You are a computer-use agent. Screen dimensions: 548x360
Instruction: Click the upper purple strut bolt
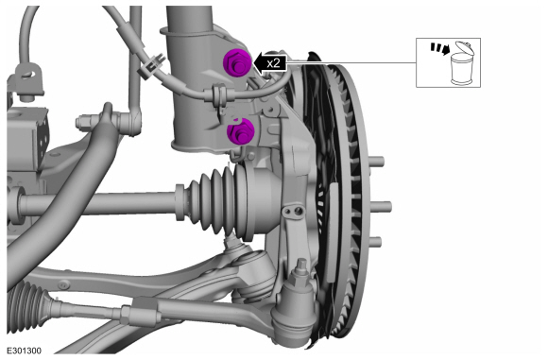click(236, 63)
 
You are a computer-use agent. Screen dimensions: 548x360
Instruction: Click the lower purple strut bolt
click(240, 131)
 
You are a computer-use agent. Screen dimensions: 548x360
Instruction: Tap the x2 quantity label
click(273, 63)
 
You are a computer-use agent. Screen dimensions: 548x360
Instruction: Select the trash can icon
click(461, 63)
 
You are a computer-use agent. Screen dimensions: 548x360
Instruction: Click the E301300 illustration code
click(25, 351)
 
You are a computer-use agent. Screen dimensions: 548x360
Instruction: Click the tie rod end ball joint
click(295, 308)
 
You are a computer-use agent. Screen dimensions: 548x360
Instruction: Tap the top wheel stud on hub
click(376, 162)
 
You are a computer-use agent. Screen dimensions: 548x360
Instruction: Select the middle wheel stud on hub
click(382, 207)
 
